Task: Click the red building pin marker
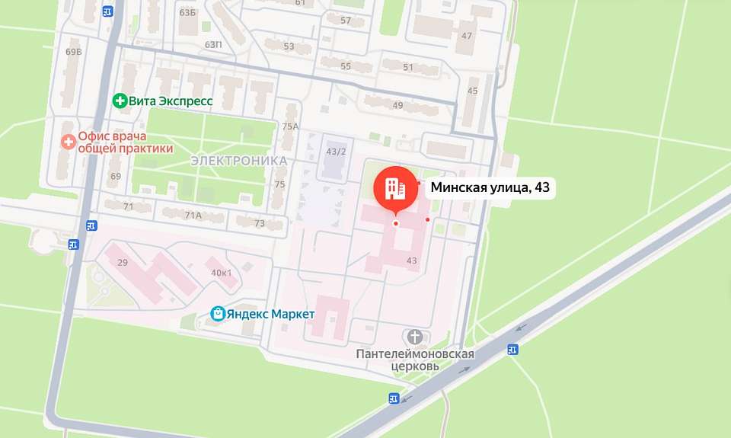coord(395,187)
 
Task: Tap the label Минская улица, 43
coord(490,187)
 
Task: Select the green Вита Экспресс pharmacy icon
coord(119,101)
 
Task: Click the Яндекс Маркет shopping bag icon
coord(218,313)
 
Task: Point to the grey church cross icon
coord(415,337)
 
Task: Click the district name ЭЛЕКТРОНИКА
coord(238,161)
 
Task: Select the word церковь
coord(416,366)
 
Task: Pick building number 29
coord(122,262)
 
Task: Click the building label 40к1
coord(222,273)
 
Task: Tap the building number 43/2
coord(336,152)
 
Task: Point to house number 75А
coord(289,126)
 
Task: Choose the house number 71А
coord(193,216)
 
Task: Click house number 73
coord(259,223)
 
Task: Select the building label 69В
coord(73,52)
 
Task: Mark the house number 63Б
coord(187,13)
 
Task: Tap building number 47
coord(467,36)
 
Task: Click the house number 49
coord(397,105)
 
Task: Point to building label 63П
coord(213,45)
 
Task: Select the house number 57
coord(346,21)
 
